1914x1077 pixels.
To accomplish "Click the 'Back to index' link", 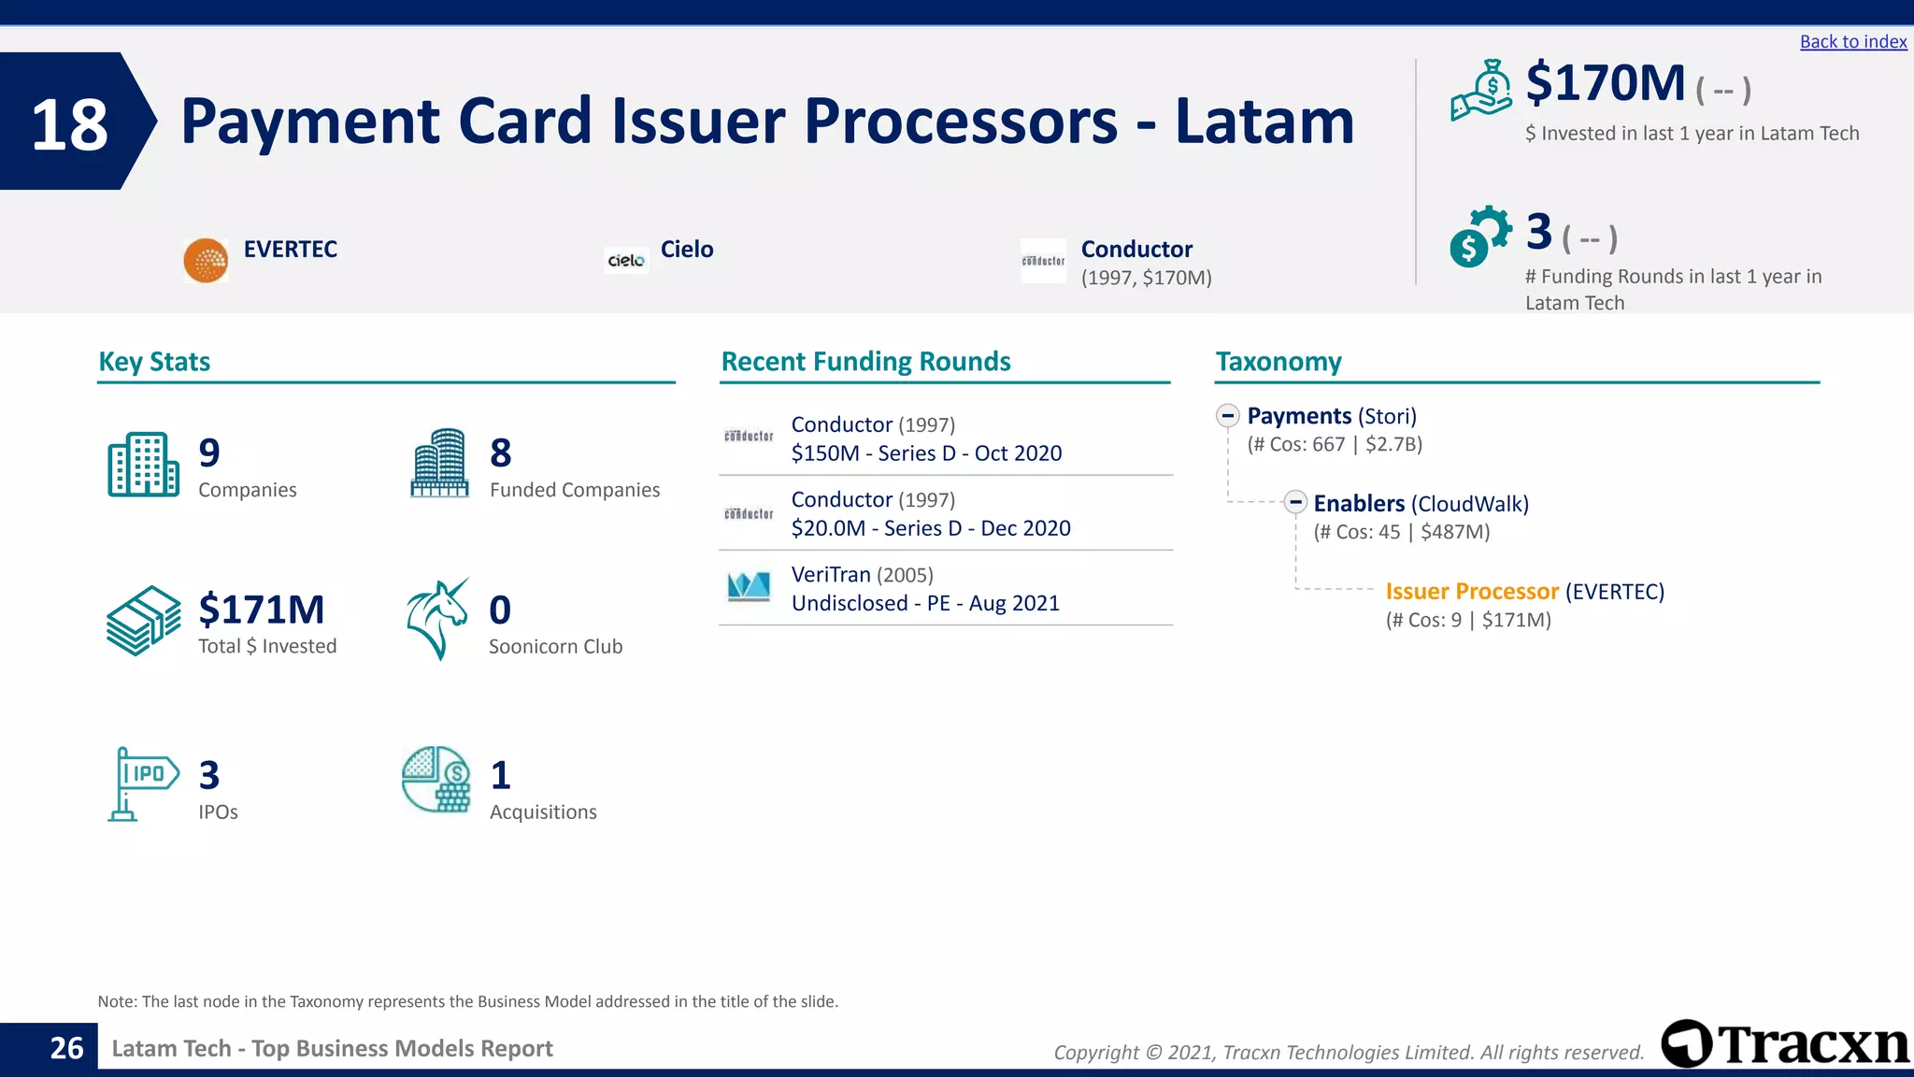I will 1852,42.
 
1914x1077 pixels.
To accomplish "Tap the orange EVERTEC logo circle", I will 206,261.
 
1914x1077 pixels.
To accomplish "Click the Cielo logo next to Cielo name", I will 626,261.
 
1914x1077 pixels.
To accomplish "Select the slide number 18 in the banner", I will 69,124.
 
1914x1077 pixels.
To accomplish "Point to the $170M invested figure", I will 1605,84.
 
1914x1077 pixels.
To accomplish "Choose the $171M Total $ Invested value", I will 262,610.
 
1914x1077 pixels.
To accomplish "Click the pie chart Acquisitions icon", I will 436,779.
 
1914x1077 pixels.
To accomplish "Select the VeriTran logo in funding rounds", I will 749,587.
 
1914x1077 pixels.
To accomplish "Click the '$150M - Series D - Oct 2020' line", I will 926,453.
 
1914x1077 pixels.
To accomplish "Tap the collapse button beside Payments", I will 1228,416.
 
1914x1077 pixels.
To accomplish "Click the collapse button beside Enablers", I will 1294,502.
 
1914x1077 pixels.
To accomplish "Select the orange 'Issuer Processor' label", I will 1472,592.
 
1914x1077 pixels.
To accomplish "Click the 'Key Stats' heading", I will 154,362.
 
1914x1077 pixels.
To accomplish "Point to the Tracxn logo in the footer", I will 1785,1044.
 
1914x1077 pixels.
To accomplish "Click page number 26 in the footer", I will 66,1048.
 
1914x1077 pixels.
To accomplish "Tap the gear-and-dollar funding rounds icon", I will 1479,237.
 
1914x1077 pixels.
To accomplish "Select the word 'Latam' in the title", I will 1264,122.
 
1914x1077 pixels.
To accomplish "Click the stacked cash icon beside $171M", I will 143,621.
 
